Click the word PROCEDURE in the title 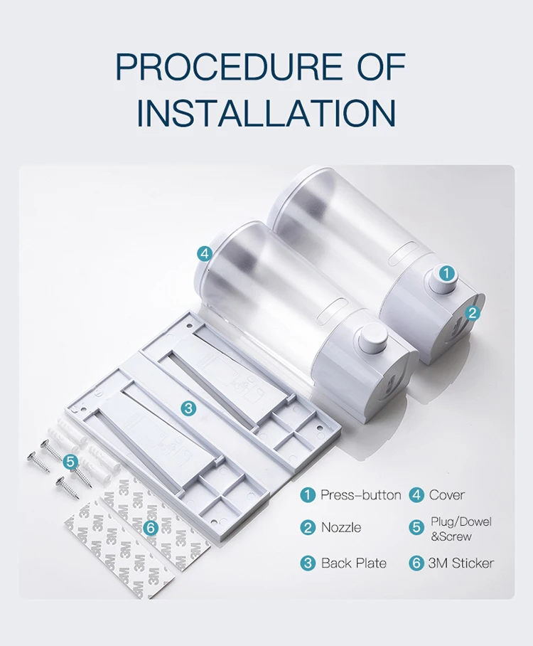[x=228, y=66]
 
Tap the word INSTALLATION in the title [x=266, y=112]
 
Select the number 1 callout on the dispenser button [x=447, y=273]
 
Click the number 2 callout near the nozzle [x=473, y=313]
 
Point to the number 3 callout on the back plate [x=188, y=408]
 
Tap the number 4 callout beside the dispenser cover [x=205, y=254]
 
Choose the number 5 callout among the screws [x=71, y=462]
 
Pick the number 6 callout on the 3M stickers [x=151, y=528]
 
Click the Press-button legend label [x=360, y=495]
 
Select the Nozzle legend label [x=341, y=528]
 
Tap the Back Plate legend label [x=353, y=563]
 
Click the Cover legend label [x=447, y=495]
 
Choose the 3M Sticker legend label [x=461, y=563]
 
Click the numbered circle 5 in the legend [x=416, y=527]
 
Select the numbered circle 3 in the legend [x=308, y=563]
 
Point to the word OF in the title [x=382, y=66]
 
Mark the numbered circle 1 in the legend [x=308, y=494]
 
